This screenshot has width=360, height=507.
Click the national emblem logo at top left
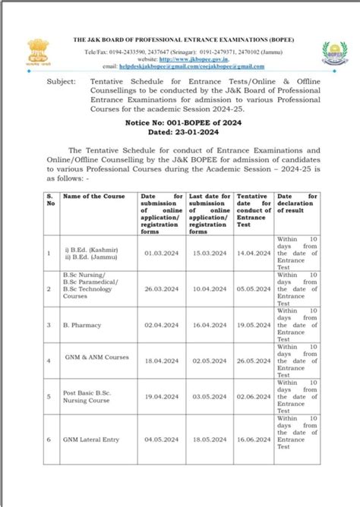(x=38, y=54)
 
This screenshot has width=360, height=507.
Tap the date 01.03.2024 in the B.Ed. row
(x=159, y=252)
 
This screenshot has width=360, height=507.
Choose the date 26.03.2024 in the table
(x=159, y=288)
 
